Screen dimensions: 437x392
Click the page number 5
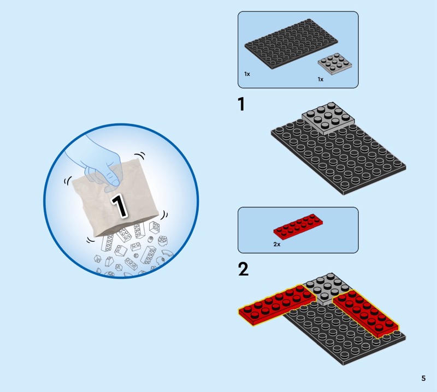tap(423, 378)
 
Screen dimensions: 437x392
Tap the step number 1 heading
tap(241, 104)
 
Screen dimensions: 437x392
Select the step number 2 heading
tap(243, 269)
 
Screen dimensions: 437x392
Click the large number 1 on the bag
tap(119, 206)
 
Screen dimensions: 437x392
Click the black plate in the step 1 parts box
tap(291, 44)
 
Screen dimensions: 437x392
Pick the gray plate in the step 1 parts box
tap(335, 64)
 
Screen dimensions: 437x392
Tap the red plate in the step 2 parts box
tap(298, 227)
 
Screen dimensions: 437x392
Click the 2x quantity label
tap(277, 245)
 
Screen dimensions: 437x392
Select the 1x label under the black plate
tap(247, 74)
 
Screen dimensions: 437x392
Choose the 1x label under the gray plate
tap(321, 79)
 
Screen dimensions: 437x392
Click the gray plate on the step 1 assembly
tap(328, 118)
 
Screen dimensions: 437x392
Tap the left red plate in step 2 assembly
tap(277, 305)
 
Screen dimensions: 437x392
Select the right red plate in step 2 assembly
tap(365, 313)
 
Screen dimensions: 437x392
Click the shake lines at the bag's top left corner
tap(68, 181)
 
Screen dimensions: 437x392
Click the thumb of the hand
tap(113, 179)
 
